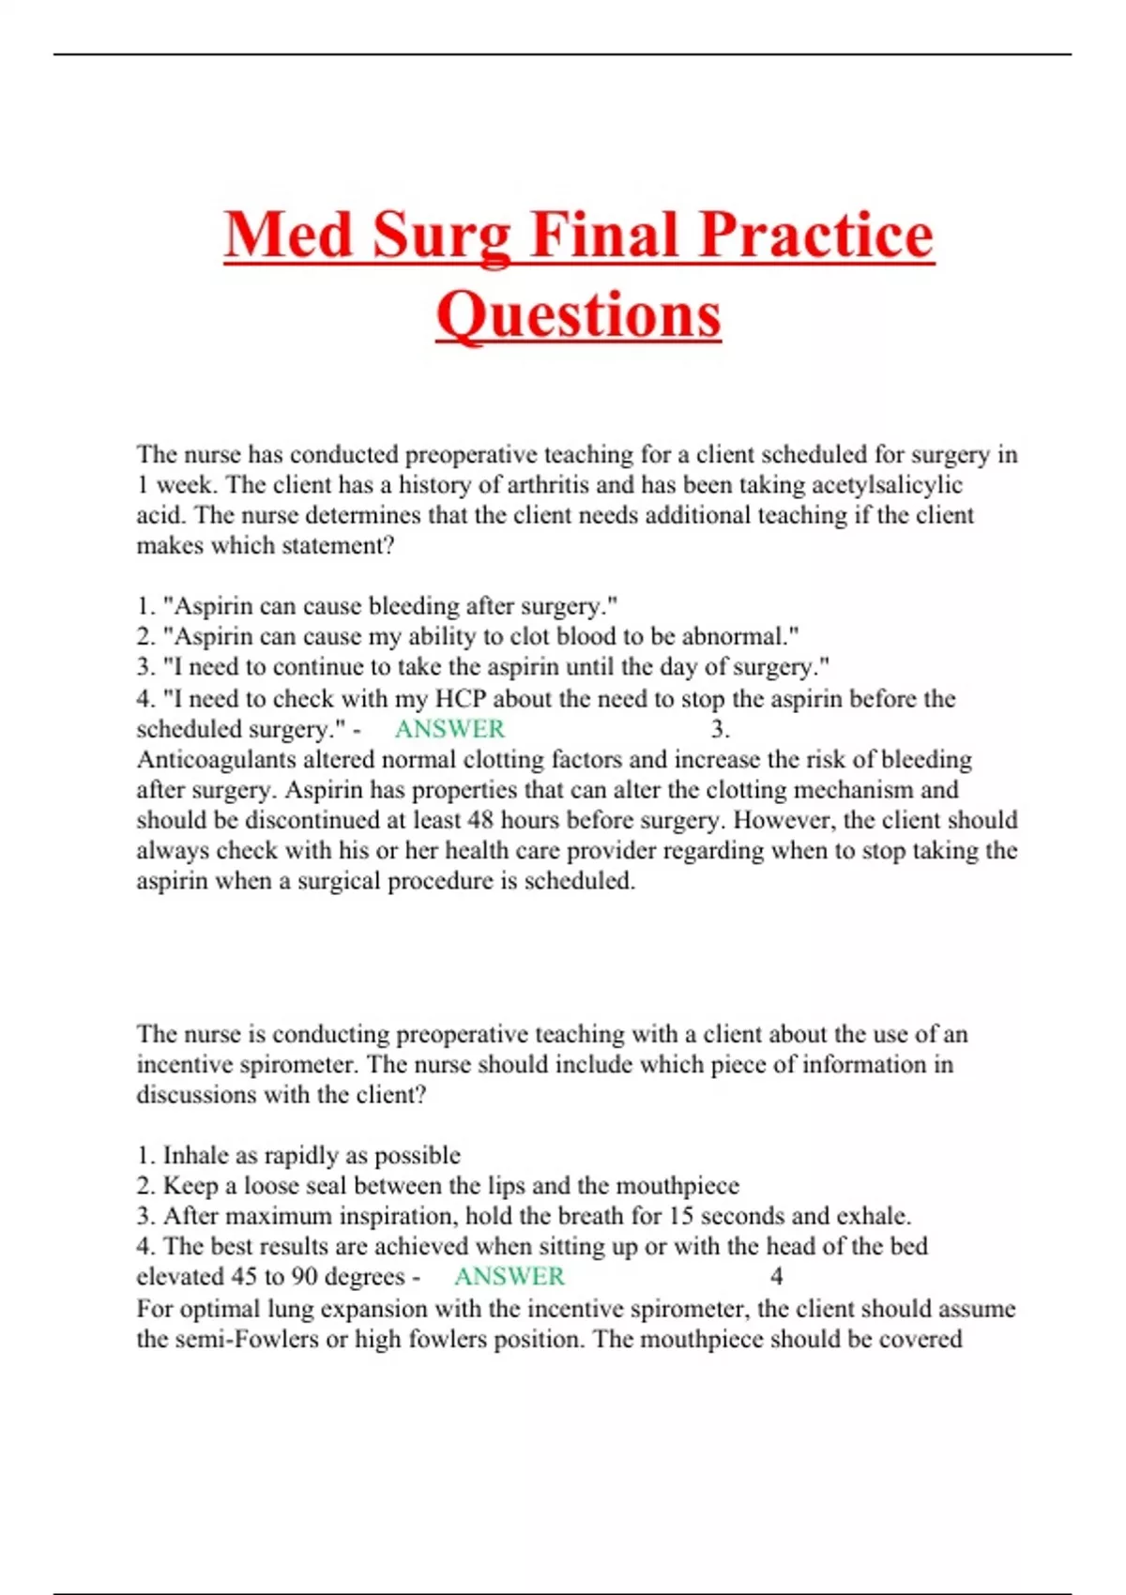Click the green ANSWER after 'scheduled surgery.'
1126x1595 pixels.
point(449,729)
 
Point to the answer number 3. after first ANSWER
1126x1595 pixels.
point(720,729)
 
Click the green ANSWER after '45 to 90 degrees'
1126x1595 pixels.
point(510,1277)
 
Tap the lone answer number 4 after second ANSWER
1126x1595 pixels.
point(776,1277)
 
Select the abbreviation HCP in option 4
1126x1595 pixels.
point(460,699)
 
